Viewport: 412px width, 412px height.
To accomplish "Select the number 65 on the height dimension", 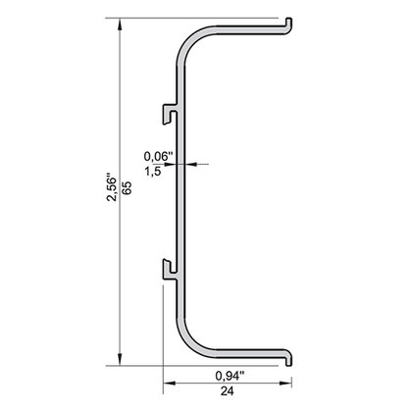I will pos(127,192).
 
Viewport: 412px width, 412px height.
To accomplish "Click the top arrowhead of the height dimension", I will pos(120,23).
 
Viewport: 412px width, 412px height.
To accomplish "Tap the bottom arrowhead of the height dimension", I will pos(120,357).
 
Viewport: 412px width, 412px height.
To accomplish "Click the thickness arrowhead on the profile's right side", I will pos(185,164).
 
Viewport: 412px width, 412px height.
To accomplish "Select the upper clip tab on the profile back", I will pos(172,117).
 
